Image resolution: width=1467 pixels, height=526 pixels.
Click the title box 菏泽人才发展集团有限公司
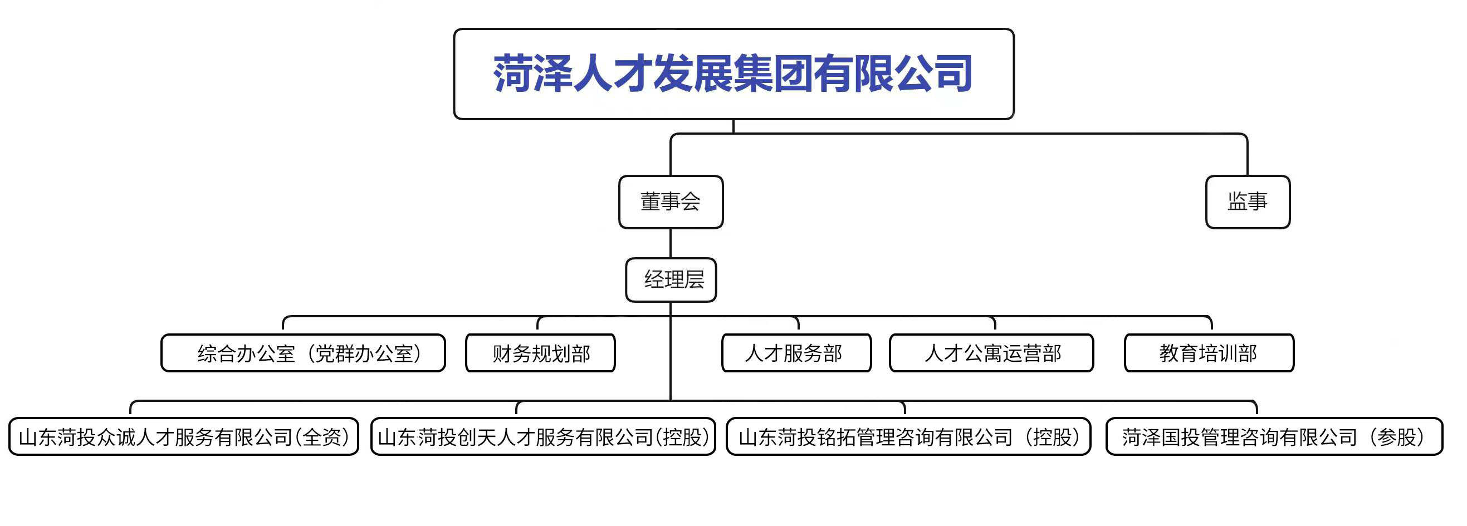tap(734, 74)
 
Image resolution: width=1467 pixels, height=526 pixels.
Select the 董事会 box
tap(671, 202)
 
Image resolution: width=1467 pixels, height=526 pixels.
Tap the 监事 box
tap(1248, 202)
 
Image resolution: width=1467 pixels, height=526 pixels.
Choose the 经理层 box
tap(671, 280)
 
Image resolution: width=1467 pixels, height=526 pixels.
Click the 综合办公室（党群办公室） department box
tap(303, 353)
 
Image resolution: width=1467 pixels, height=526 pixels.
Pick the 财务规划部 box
tap(540, 353)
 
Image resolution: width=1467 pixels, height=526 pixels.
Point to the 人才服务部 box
tap(796, 353)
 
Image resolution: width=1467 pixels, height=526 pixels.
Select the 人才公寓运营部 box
tap(991, 353)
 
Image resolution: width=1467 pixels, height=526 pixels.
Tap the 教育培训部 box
tap(1209, 353)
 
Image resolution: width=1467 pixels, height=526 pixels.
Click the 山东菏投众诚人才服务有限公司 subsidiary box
tap(184, 436)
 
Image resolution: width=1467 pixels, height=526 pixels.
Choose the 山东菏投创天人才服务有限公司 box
tap(543, 436)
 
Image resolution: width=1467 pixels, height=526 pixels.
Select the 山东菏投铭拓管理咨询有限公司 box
tap(908, 436)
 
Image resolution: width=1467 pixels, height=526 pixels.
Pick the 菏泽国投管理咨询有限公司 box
tap(1274, 436)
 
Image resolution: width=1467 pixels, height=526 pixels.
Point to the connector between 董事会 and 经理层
tap(671, 244)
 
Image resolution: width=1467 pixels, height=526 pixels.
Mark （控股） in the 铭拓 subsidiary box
tap(1052, 437)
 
